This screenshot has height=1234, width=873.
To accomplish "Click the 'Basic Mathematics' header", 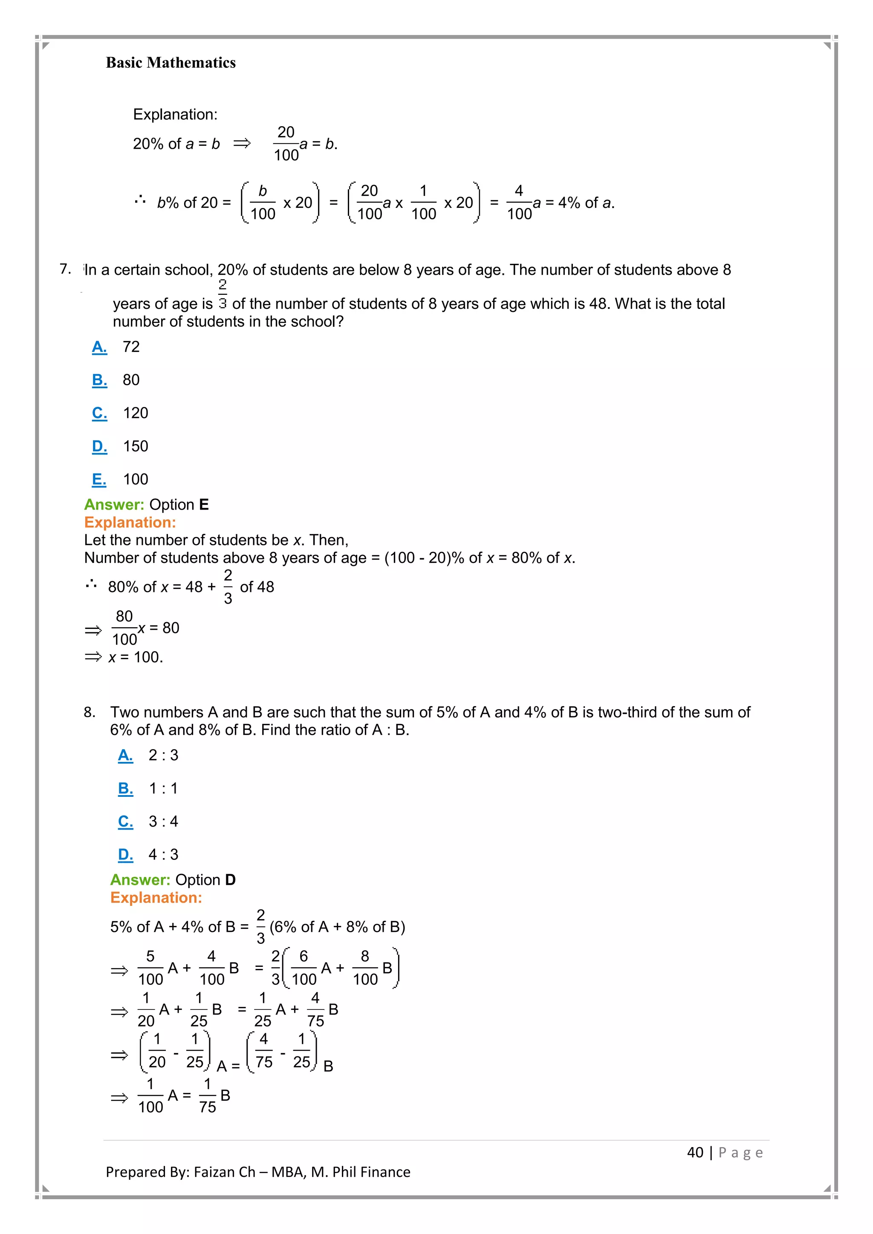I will click(x=171, y=63).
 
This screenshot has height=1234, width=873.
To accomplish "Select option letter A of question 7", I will click(x=99, y=347).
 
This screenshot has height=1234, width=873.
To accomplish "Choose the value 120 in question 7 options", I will click(x=136, y=413).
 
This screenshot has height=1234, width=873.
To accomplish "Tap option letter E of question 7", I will click(x=99, y=479).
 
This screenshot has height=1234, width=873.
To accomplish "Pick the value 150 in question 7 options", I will click(x=136, y=446).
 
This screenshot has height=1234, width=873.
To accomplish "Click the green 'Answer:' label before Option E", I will click(x=114, y=505).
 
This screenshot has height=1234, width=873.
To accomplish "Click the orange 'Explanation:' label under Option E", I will click(x=130, y=522).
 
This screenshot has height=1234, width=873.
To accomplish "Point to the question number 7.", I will click(x=65, y=269).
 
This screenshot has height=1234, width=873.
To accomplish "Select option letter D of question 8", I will click(x=125, y=855).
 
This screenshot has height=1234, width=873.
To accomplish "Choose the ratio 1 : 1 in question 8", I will click(x=163, y=788).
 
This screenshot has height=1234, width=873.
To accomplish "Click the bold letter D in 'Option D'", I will click(x=231, y=880).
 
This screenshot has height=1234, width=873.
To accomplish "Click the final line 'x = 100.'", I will click(x=135, y=657).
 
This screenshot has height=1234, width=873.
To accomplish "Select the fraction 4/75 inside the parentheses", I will click(x=264, y=1051).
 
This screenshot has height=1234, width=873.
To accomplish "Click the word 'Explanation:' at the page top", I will click(x=175, y=115).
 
